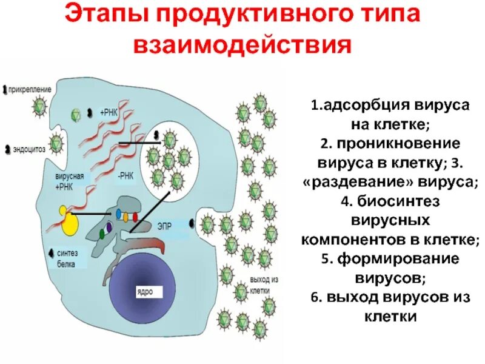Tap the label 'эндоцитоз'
[27, 148]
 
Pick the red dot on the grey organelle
[136, 215]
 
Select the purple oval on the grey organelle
[109, 228]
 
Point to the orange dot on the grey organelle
[126, 215]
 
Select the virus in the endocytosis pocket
[56, 144]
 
